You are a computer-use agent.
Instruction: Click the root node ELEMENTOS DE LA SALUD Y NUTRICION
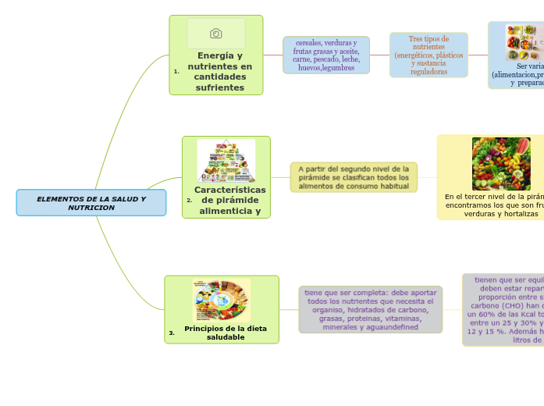coord(91,203)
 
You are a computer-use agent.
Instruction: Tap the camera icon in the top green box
coord(216,34)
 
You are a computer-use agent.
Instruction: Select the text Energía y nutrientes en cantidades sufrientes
coord(220,72)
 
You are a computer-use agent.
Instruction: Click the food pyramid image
coord(226,161)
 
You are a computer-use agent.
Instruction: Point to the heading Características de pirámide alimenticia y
coord(229,201)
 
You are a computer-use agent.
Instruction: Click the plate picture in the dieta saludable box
coord(222,300)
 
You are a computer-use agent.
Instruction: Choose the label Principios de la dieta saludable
coord(226,333)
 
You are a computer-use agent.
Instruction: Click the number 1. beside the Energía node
coord(176,71)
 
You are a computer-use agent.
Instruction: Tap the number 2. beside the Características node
coord(190,201)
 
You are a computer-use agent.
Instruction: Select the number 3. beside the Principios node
coord(172,333)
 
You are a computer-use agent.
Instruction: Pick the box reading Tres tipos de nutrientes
coord(428,55)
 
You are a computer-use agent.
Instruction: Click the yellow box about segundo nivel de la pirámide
coord(354,177)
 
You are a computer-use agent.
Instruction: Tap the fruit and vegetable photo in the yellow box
coord(501,164)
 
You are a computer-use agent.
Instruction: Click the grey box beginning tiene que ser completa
coord(370,309)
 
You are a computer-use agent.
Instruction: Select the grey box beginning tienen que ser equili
coord(504,309)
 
